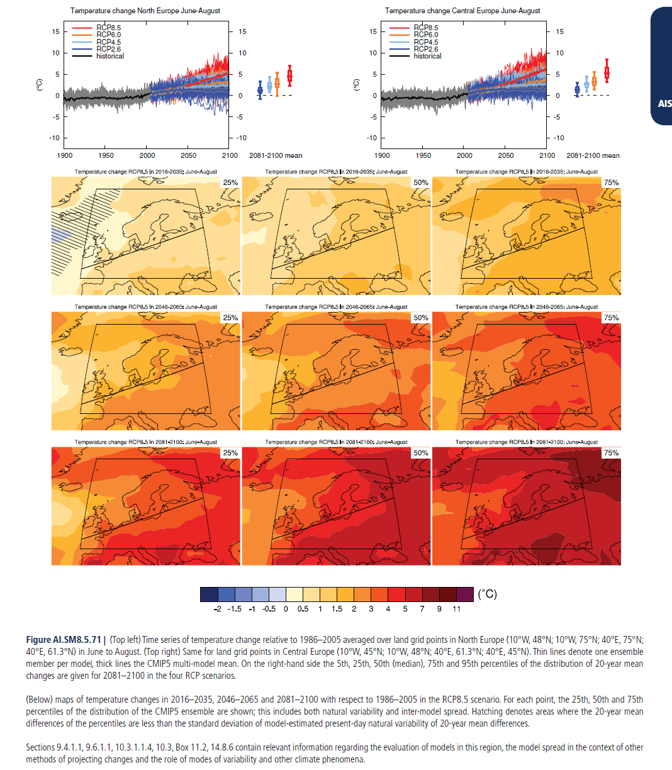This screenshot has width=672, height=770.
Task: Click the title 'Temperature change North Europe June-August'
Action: (145, 11)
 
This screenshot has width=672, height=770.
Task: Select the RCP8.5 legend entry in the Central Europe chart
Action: (414, 28)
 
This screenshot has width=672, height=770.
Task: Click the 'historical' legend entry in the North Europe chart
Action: (98, 56)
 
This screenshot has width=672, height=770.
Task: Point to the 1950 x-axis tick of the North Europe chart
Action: (106, 155)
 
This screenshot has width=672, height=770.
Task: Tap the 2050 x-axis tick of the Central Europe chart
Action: (506, 155)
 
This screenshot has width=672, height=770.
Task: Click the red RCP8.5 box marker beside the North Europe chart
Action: (289, 76)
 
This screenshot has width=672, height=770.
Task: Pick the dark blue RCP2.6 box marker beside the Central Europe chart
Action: (577, 89)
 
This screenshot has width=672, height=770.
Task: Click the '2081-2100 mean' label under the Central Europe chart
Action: (593, 155)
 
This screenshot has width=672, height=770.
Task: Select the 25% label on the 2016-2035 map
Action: (230, 182)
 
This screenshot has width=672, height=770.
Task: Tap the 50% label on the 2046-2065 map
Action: (421, 318)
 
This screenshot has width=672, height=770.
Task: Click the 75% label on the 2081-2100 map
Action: (612, 453)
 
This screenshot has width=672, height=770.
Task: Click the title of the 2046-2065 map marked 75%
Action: (526, 307)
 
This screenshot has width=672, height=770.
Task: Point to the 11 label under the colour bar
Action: (456, 608)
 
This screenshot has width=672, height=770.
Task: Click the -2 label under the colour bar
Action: (217, 608)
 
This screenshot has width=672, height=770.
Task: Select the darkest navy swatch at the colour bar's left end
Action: (209, 594)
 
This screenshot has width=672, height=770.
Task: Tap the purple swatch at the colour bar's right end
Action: (465, 594)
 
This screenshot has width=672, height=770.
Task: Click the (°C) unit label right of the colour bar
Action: (488, 594)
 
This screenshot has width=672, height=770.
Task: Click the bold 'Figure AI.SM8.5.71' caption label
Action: (64, 639)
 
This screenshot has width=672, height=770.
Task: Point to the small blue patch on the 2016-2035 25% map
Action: (60, 234)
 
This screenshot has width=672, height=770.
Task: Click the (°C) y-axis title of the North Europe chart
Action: (39, 85)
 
